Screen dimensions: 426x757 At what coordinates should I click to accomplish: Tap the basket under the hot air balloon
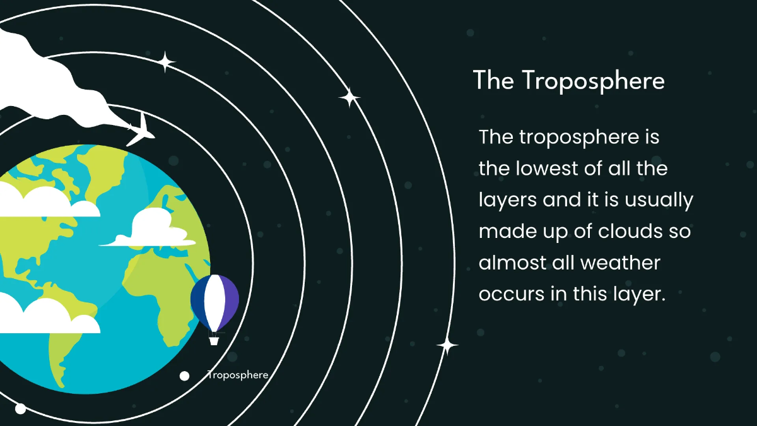click(x=214, y=340)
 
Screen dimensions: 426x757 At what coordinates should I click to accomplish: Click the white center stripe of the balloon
click(x=214, y=302)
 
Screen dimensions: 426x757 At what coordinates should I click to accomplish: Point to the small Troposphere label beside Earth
click(x=238, y=375)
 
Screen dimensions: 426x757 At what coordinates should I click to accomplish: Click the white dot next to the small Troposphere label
click(x=184, y=376)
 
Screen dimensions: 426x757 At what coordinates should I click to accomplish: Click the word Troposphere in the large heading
click(x=593, y=81)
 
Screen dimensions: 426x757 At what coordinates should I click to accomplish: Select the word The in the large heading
click(x=493, y=81)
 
